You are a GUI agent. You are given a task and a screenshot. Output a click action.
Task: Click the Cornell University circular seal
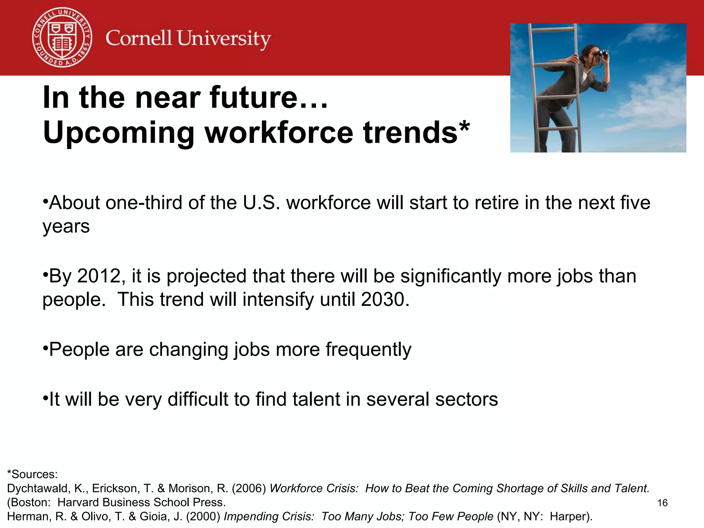point(62,37)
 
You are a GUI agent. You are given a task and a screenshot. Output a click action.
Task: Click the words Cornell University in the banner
point(188,38)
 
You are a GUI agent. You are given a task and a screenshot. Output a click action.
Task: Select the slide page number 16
point(662,503)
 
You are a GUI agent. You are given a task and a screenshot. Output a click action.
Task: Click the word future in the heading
point(254,98)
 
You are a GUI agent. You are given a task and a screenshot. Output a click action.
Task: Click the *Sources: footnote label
point(32,474)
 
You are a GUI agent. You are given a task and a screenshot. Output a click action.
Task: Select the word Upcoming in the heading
point(119,133)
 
